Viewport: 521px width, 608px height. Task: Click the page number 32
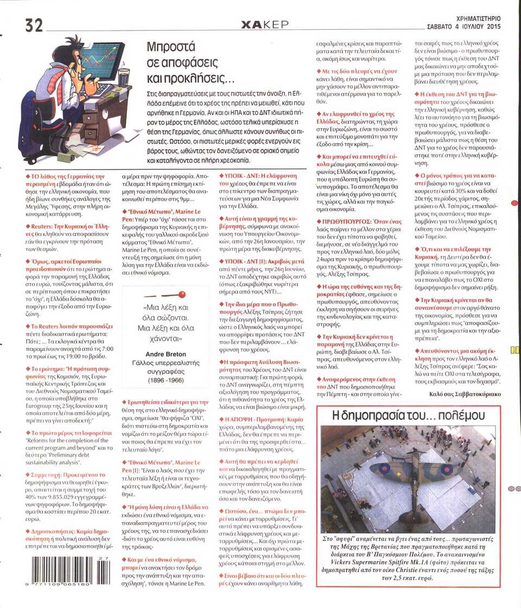pos(34,24)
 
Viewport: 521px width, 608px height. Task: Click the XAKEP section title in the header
pos(265,24)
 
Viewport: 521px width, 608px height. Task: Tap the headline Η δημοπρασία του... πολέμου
pos(407,416)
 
